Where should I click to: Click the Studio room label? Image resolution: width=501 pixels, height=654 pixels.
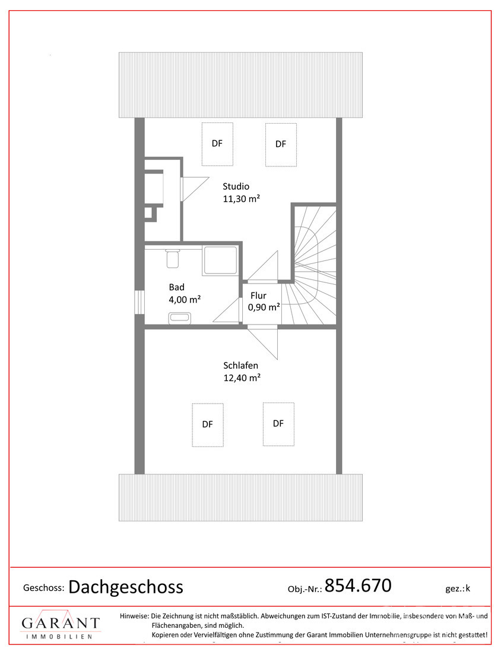(236, 187)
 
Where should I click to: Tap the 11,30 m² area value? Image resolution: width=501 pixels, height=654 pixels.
(242, 199)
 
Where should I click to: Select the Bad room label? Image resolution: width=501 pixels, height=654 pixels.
(176, 287)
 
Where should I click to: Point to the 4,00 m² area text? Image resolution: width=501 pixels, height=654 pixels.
(185, 300)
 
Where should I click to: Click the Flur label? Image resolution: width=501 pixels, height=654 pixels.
(258, 295)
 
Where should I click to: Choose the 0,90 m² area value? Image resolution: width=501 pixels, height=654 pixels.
(264, 307)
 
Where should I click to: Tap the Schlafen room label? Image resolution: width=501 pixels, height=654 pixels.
(241, 366)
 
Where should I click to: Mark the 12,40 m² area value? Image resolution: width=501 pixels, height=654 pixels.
(242, 378)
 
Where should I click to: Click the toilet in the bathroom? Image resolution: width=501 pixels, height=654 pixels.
(172, 259)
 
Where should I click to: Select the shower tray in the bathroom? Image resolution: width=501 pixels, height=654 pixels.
(221, 260)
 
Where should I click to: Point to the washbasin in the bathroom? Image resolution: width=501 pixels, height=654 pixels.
(179, 318)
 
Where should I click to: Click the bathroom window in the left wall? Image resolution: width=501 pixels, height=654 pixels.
(139, 303)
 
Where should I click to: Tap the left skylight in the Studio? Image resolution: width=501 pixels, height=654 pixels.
(217, 144)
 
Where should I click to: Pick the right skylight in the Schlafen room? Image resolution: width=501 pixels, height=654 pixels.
(278, 424)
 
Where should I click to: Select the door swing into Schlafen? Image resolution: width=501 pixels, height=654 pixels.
(263, 344)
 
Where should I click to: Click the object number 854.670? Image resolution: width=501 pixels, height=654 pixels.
(358, 586)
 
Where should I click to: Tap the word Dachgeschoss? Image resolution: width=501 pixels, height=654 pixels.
(126, 587)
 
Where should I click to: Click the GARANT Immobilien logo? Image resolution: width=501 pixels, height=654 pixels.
(61, 624)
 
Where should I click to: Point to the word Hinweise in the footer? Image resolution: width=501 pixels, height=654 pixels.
(134, 616)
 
